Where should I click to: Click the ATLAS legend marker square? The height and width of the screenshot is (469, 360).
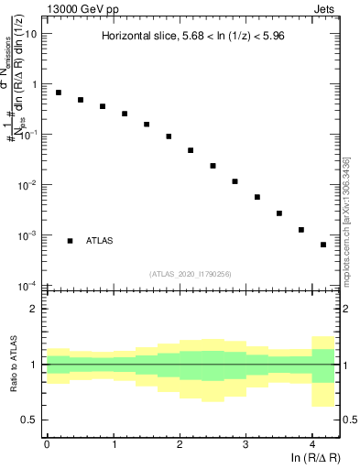70,241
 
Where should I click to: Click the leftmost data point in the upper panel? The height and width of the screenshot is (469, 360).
59,93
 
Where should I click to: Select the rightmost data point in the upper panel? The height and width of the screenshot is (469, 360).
323,245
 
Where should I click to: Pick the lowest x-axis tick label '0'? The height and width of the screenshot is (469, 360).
47,444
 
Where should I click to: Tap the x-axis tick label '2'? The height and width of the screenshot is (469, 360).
180,444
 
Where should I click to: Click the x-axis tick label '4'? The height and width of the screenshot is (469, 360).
312,444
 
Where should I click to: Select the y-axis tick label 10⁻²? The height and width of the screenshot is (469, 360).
30,184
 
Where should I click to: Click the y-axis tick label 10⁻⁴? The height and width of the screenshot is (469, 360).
30,285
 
